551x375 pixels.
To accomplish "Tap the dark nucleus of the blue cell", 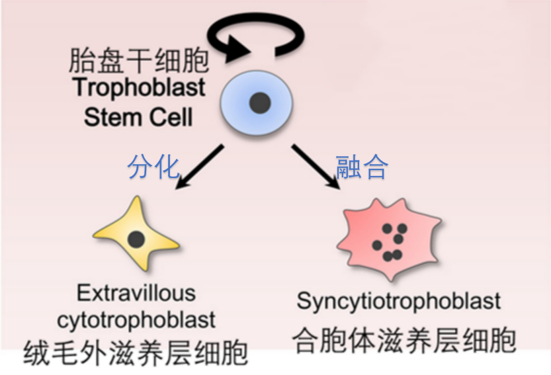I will [259, 103].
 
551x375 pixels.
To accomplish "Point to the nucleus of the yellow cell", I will [136, 239].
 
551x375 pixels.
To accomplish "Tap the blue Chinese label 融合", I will [361, 167].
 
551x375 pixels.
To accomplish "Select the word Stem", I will [112, 118].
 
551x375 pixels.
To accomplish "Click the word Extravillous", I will [136, 292].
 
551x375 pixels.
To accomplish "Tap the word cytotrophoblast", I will [136, 320].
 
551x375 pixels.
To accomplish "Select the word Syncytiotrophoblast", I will [399, 301].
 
